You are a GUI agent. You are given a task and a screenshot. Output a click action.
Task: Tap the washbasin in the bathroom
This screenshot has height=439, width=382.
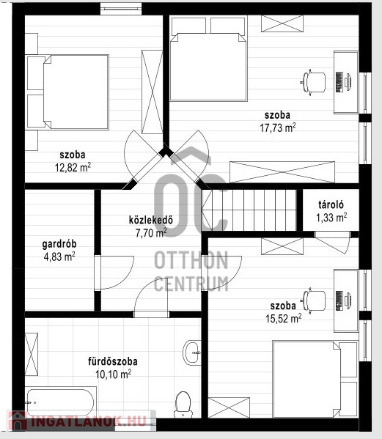click(192, 353)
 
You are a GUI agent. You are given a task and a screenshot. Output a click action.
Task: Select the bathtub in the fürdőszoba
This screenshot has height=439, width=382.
click(61, 402)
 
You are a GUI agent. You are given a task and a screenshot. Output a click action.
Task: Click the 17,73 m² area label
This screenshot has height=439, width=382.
click(278, 128)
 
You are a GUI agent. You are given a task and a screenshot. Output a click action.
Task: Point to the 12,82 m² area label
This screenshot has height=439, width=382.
click(73, 167)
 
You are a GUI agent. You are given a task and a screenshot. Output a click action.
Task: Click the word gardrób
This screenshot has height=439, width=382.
click(59, 244)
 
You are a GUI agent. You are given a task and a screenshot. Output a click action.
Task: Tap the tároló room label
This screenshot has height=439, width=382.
click(331, 204)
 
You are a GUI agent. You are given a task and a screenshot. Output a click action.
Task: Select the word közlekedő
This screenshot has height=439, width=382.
click(151, 220)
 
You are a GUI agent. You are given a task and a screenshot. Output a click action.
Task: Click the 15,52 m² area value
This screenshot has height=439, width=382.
click(284, 318)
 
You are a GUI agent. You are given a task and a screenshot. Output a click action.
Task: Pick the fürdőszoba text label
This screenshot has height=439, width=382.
click(113, 361)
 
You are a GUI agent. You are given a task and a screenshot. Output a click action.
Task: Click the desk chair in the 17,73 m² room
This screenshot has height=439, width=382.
click(313, 83)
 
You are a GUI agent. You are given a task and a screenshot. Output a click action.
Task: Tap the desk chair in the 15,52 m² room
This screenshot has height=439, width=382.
click(313, 300)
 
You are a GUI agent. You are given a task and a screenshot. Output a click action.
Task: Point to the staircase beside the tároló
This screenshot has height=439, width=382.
click(249, 210)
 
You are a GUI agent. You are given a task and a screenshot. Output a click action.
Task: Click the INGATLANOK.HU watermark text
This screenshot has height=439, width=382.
click(89, 421)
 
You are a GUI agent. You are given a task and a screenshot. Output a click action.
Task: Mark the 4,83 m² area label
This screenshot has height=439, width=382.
click(59, 257)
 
